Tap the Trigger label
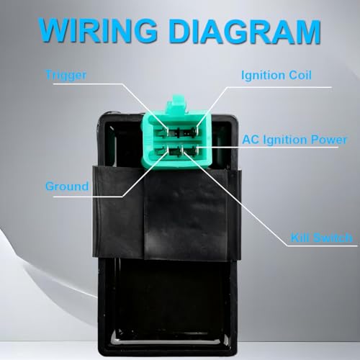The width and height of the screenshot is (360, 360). (66, 75)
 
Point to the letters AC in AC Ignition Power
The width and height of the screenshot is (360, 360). (251, 140)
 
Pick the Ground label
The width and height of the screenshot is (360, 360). (67, 186)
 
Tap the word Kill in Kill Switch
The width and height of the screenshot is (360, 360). (300, 238)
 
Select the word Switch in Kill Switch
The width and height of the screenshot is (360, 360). (333, 238)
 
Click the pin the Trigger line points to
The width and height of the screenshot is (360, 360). (167, 131)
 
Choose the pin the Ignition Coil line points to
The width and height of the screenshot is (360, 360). (197, 131)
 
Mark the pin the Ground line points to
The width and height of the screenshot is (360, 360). (167, 151)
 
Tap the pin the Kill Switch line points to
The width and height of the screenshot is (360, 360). (183, 151)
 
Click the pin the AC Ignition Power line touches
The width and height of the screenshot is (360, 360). (197, 150)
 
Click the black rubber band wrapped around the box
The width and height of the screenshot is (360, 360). (166, 212)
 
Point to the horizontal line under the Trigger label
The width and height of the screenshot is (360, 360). (88, 84)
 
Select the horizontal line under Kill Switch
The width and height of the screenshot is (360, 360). (322, 246)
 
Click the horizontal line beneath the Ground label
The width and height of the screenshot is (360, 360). (88, 197)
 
